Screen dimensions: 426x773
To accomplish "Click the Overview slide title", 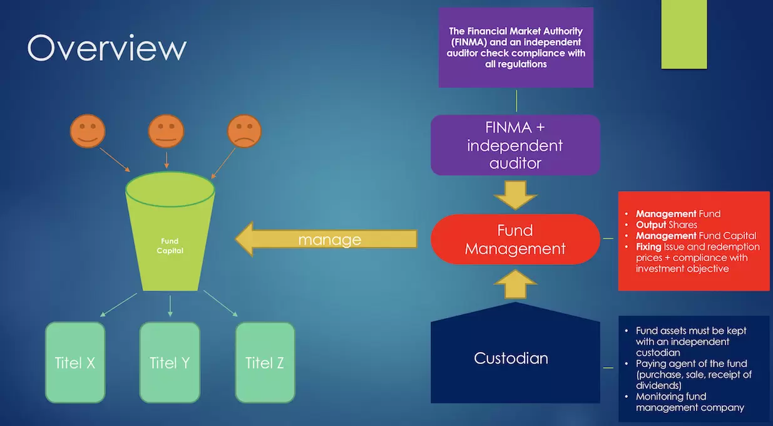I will point(107,48).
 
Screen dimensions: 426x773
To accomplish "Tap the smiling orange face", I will point(88,131).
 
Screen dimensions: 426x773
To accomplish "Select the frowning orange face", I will point(244,131).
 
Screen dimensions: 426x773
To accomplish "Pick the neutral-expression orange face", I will point(166,131).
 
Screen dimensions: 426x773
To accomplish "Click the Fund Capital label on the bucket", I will point(170,245).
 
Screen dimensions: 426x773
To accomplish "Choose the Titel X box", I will point(75,362).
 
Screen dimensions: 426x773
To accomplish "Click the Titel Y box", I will point(169,362).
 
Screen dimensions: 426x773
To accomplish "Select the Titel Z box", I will point(265,362).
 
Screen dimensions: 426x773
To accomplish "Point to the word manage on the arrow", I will point(329,239).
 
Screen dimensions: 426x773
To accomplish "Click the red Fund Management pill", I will point(515,239).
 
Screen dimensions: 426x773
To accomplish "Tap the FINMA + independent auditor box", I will point(515,145).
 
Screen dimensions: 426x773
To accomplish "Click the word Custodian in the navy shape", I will point(511,358).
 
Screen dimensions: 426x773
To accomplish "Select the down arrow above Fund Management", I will point(515,194).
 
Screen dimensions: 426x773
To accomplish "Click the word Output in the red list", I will point(651,224).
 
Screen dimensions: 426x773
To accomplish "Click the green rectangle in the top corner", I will point(684,34).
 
